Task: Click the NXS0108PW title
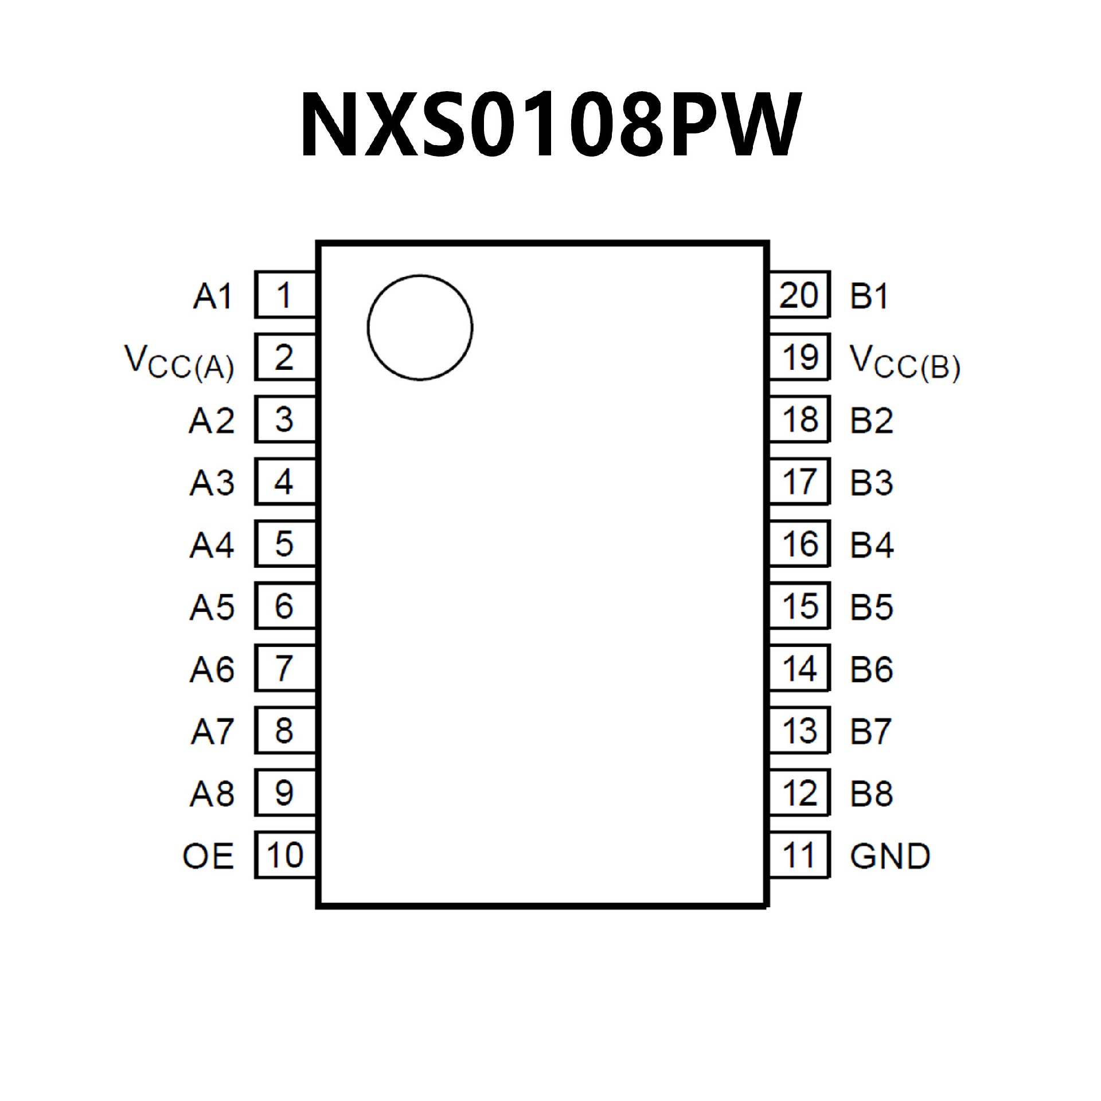click(x=549, y=124)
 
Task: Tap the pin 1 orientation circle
click(x=420, y=327)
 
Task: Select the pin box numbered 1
click(x=284, y=295)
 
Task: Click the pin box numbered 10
click(x=284, y=855)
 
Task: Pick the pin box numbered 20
click(x=799, y=295)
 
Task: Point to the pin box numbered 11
click(x=799, y=855)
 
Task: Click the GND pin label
click(x=889, y=856)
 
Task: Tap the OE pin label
click(x=208, y=856)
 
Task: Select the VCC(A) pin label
click(x=179, y=363)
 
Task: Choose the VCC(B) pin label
click(x=905, y=363)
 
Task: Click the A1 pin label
click(x=212, y=296)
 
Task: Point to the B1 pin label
click(x=869, y=296)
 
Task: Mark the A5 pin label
click(x=212, y=607)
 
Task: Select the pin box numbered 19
click(x=799, y=357)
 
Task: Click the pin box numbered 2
click(x=284, y=357)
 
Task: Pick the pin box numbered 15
click(x=799, y=606)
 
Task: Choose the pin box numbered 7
click(x=284, y=668)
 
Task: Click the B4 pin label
click(x=872, y=545)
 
